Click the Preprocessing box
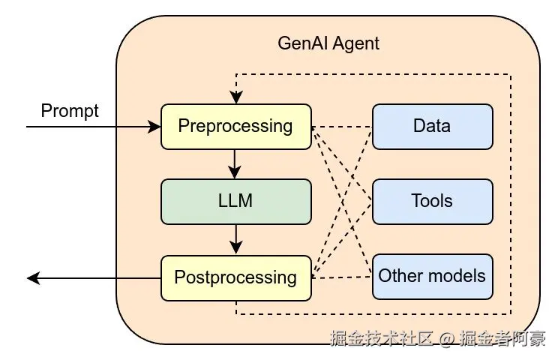[x=235, y=126]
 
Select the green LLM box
[x=235, y=201]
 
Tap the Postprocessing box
[x=235, y=277]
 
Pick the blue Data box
[x=432, y=126]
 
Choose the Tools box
[x=432, y=201]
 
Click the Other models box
[x=432, y=276]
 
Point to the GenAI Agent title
[x=328, y=43]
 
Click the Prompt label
[x=70, y=111]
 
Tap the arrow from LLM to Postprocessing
[x=235, y=238]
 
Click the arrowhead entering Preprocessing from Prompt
[x=155, y=127]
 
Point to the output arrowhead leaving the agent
[x=33, y=278]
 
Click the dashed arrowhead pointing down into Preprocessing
[x=235, y=98]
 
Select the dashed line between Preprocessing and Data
[x=342, y=126]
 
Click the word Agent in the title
[x=355, y=43]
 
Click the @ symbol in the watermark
[x=447, y=339]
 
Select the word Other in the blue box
[x=401, y=276]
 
